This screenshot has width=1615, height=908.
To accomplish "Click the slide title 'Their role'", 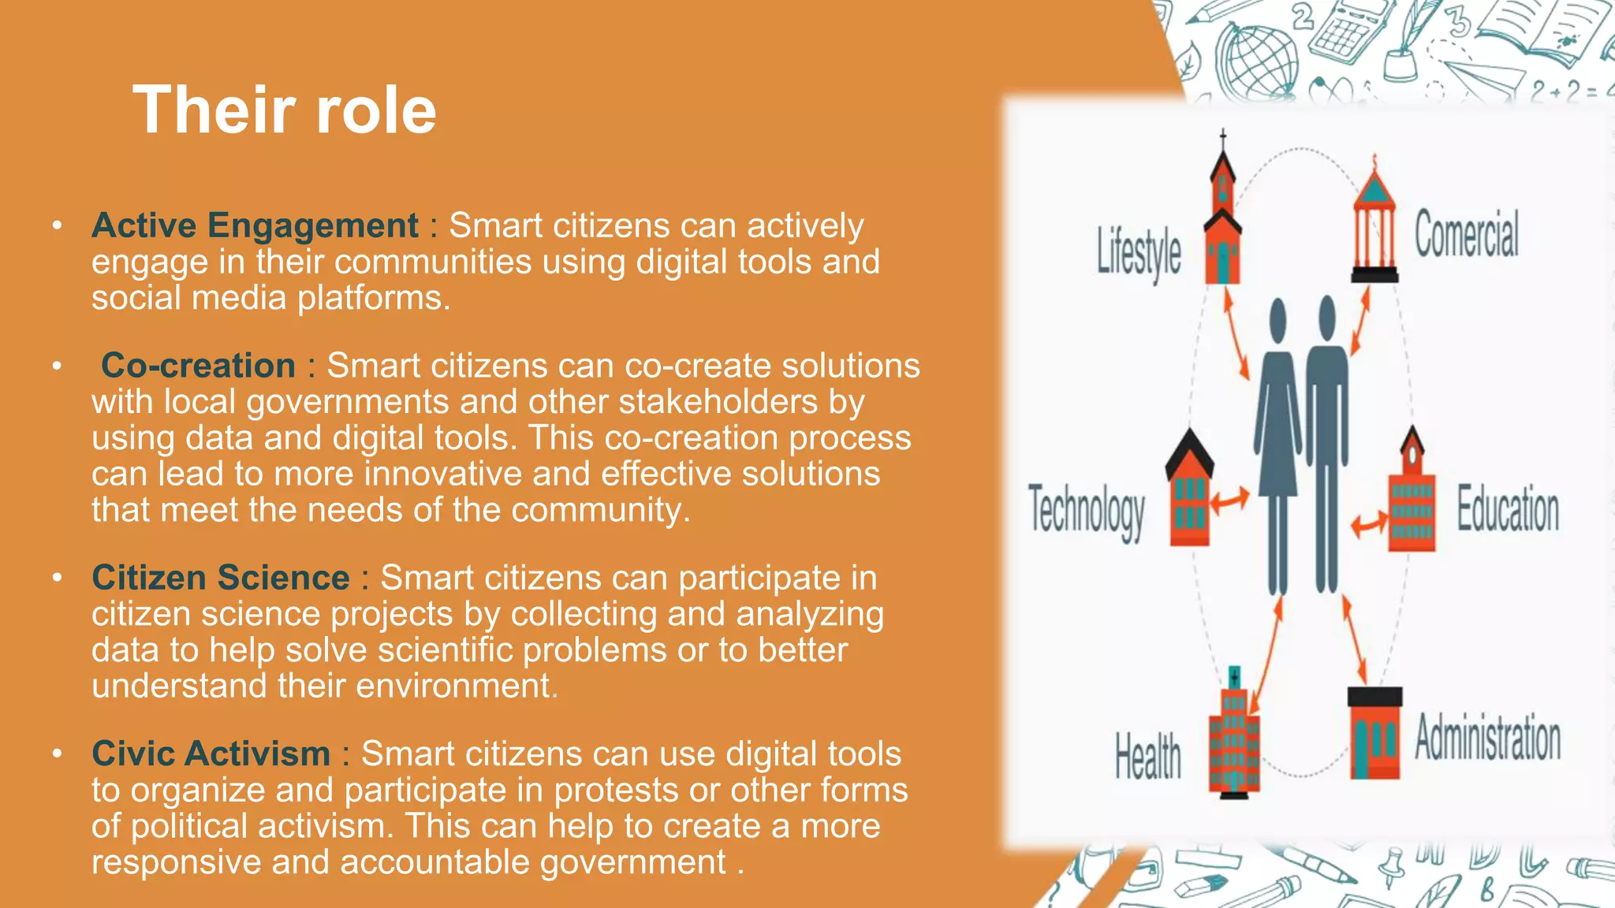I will (x=284, y=110).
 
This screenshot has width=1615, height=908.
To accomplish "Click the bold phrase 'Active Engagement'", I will (x=255, y=225).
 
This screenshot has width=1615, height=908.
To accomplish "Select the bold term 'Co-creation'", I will (x=198, y=366).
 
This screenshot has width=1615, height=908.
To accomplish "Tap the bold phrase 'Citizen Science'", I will (x=220, y=578).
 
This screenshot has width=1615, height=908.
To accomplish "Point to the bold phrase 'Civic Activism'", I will (x=211, y=754).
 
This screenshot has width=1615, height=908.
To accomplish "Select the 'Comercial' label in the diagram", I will (x=1466, y=234).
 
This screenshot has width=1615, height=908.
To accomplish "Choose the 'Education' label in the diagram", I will (x=1507, y=509).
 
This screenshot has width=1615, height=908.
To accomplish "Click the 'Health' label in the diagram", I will (x=1147, y=756).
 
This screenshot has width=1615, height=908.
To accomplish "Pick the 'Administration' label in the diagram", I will (x=1487, y=739).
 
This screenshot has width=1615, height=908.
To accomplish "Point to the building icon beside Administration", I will (x=1374, y=733).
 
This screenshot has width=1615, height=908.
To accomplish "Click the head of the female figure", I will (x=1278, y=319).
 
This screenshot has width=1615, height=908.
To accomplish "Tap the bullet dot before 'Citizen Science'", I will (x=57, y=578).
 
